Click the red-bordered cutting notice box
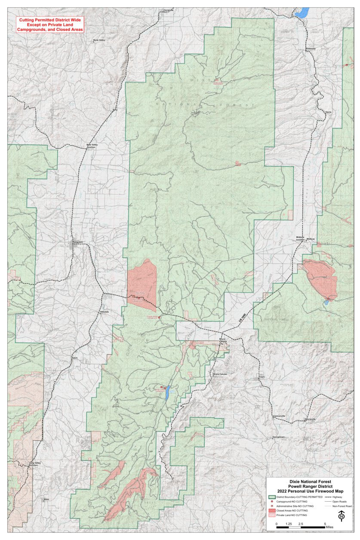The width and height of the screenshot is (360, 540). (x=49, y=25)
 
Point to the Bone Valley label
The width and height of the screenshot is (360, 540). (x=99, y=40)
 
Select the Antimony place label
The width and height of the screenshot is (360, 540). (x=311, y=49)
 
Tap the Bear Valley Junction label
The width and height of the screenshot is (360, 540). (x=92, y=146)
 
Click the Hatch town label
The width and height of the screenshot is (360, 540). (x=74, y=358)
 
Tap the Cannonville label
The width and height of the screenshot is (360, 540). (x=279, y=416)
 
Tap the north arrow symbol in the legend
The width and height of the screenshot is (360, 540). (x=342, y=515)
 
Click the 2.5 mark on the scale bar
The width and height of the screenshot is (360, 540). (x=301, y=524)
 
